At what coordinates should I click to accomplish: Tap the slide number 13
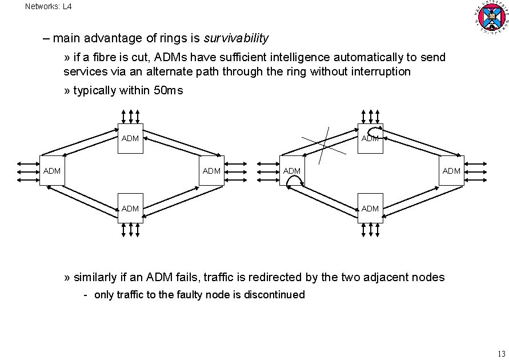[502, 352]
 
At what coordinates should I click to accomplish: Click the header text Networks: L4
[49, 7]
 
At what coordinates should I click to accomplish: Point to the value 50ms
[169, 90]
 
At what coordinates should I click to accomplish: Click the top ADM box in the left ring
[130, 138]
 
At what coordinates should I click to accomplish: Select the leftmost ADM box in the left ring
[52, 170]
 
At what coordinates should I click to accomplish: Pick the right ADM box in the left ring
[211, 170]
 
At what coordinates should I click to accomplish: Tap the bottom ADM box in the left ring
[130, 209]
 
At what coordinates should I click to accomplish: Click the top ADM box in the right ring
[370, 138]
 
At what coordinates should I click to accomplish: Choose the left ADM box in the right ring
[292, 170]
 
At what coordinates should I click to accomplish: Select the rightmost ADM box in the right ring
[451, 170]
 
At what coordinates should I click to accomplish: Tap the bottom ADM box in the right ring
[370, 209]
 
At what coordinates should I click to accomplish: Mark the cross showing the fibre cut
[323, 145]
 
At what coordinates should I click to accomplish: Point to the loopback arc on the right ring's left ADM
[294, 181]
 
